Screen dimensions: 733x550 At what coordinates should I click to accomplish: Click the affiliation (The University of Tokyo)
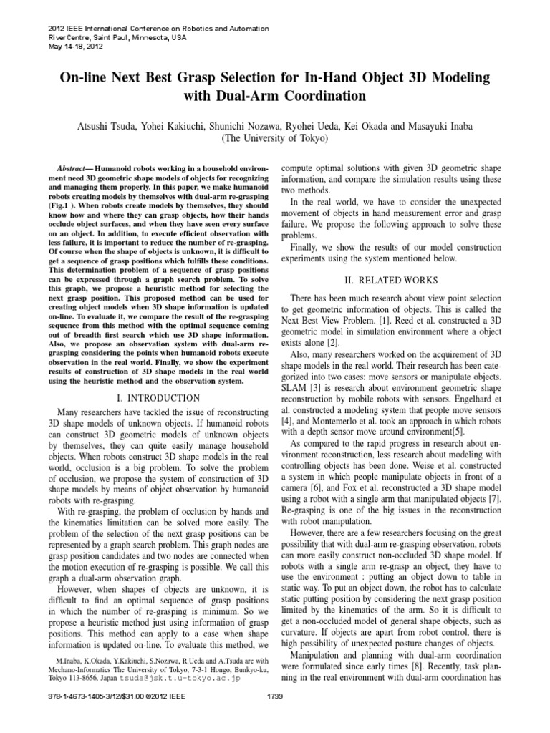(274, 139)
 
